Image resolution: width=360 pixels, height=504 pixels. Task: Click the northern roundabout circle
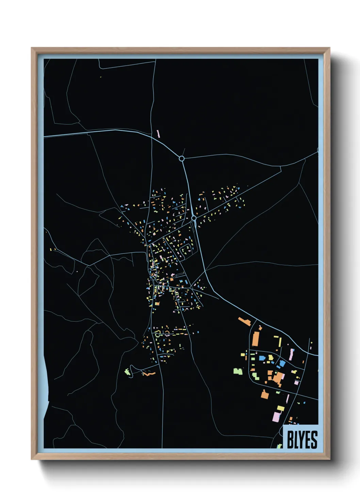tap(182, 158)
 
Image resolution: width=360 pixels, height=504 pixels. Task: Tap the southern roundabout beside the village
tap(194, 218)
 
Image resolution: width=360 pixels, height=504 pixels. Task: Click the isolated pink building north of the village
tap(158, 133)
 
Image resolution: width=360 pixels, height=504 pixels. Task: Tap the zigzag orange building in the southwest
tap(149, 373)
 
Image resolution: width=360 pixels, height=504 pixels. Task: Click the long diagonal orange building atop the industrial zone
tap(244, 321)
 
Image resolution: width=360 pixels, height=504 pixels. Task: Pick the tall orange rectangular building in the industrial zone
tap(255, 338)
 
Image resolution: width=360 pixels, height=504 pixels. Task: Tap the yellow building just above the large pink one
tap(280, 408)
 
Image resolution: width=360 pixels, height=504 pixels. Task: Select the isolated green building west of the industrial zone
tap(238, 371)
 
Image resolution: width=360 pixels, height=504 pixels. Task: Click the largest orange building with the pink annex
tap(278, 378)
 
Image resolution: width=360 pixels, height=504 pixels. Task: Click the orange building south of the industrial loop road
tap(265, 394)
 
